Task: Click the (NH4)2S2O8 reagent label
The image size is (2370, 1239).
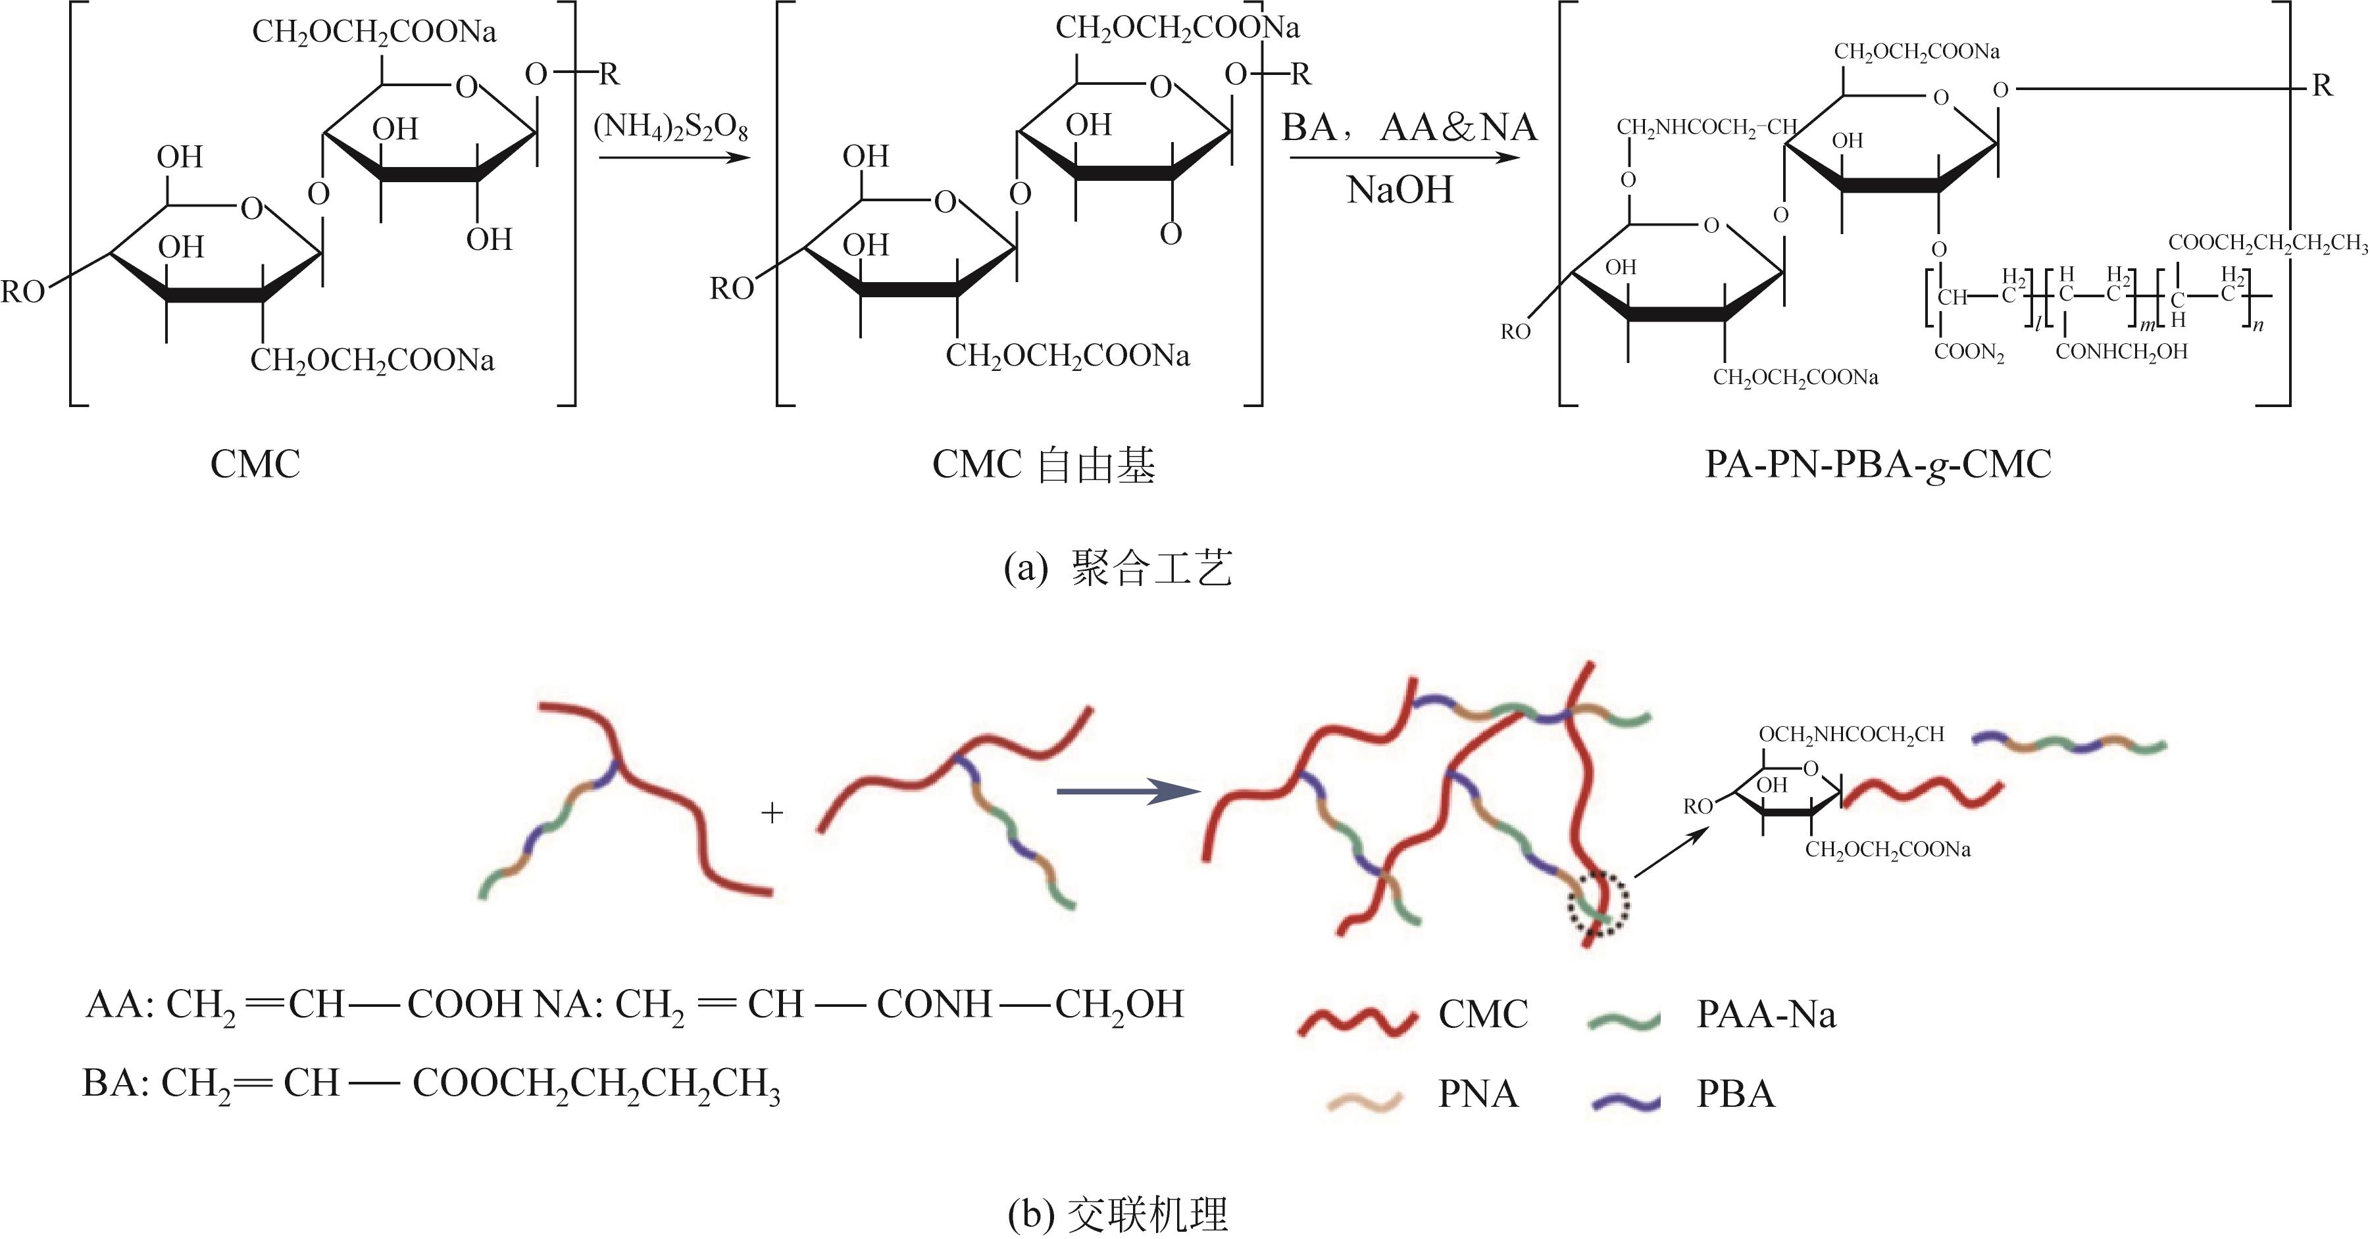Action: point(670,127)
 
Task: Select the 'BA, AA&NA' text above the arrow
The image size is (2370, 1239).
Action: point(1409,127)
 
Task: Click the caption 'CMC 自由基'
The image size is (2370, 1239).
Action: point(1044,464)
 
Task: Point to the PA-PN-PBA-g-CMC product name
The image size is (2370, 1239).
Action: point(1878,464)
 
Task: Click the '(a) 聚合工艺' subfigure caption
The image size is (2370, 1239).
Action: point(1117,568)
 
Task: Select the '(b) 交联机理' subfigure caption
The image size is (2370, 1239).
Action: point(1117,1214)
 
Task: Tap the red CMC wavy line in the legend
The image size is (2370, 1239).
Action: point(1357,1019)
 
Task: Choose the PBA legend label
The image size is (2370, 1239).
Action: point(1735,1094)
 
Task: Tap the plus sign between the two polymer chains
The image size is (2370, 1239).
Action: point(772,813)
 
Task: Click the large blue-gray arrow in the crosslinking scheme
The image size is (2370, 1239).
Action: point(1128,791)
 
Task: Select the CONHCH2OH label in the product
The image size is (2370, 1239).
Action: point(2121,351)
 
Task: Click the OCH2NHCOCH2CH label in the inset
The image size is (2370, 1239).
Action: point(1851,734)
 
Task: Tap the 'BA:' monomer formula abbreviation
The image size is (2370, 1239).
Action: point(111,1084)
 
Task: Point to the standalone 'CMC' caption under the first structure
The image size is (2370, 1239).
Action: point(255,464)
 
